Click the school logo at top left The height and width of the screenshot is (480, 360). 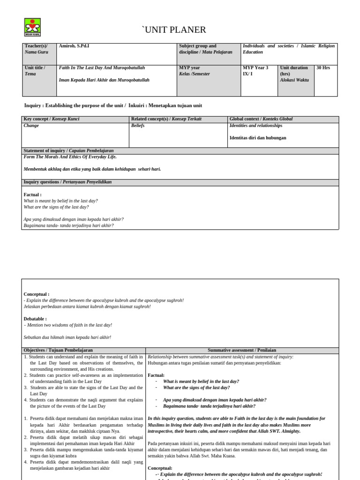pos(32,27)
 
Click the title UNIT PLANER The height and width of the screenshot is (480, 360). pos(174,30)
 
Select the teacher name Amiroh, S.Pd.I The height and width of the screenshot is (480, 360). pos(74,46)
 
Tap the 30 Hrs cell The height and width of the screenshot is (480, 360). pos(323,68)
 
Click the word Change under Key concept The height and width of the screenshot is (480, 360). pos(31,126)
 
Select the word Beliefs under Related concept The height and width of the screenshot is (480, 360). pos(138,126)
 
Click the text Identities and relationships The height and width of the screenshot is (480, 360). pos(256,126)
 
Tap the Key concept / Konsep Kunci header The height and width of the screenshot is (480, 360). pos(52,120)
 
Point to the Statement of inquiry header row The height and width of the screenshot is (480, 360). pos(68,151)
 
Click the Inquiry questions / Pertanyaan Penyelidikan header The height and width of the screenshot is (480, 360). pos(67,182)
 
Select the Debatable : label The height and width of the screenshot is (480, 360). pos(35,319)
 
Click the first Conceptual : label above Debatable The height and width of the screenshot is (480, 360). pos(37,294)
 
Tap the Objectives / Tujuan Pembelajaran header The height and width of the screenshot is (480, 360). pos(58,350)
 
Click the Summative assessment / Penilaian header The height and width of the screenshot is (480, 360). pos(242,350)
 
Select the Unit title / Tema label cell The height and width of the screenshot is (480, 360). pos(35,71)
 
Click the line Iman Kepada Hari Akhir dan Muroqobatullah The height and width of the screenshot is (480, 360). pos(104,80)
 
